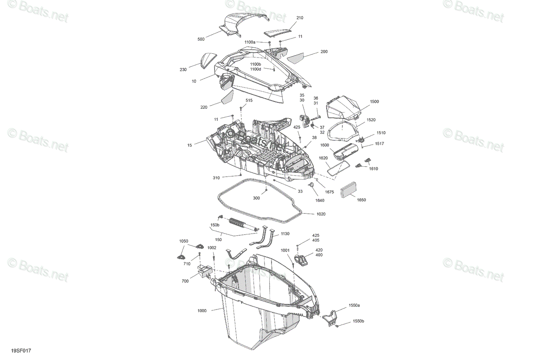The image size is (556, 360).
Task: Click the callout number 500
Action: (x=201, y=39)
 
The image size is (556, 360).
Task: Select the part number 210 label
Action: (x=300, y=18)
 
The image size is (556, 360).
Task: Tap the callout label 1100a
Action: (x=250, y=42)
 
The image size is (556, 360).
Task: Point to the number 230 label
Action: (x=183, y=69)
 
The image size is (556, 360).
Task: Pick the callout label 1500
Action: (x=374, y=101)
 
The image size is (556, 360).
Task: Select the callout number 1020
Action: (x=321, y=214)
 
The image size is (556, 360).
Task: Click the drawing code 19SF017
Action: (x=21, y=351)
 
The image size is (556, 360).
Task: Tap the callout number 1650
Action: (x=361, y=200)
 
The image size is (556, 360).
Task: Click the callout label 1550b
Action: (x=359, y=321)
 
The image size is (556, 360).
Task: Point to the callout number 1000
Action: (x=202, y=310)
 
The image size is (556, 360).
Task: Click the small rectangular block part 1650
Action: (x=348, y=189)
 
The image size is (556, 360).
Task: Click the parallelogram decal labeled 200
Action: (x=296, y=58)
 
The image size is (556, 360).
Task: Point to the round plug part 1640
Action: (x=311, y=185)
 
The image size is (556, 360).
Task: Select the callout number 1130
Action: (x=285, y=234)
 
